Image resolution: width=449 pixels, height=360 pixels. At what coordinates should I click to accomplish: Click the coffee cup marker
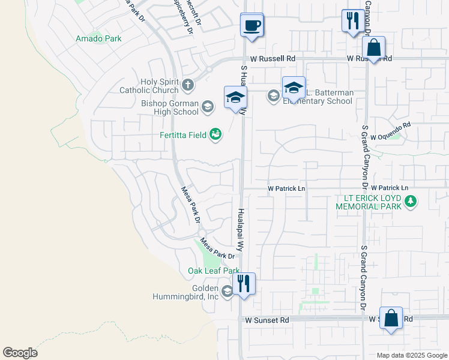(x=252, y=26)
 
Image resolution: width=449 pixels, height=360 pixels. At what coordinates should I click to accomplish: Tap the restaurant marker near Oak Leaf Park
(x=243, y=283)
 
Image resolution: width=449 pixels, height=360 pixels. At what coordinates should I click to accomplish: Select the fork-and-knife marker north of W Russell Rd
(x=351, y=22)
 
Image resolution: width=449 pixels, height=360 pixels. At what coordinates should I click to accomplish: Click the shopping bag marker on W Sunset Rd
(x=391, y=320)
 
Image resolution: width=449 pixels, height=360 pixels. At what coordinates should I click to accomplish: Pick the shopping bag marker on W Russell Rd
(x=373, y=48)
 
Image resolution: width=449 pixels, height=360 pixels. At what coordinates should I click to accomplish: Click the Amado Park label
(x=98, y=38)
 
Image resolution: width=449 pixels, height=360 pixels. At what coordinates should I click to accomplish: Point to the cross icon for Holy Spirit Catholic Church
(x=187, y=85)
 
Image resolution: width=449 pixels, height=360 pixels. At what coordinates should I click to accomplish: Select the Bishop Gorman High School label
(x=170, y=107)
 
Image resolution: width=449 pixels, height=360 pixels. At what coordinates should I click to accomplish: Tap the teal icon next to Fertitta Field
(x=215, y=134)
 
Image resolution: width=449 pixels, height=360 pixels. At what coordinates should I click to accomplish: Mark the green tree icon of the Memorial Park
(x=411, y=200)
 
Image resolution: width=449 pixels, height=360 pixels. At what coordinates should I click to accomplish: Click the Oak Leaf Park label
(x=214, y=271)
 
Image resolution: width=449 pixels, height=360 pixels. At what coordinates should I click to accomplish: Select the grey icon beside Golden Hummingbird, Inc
(x=227, y=292)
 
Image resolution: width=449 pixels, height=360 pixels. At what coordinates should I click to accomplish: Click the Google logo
(x=20, y=353)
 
